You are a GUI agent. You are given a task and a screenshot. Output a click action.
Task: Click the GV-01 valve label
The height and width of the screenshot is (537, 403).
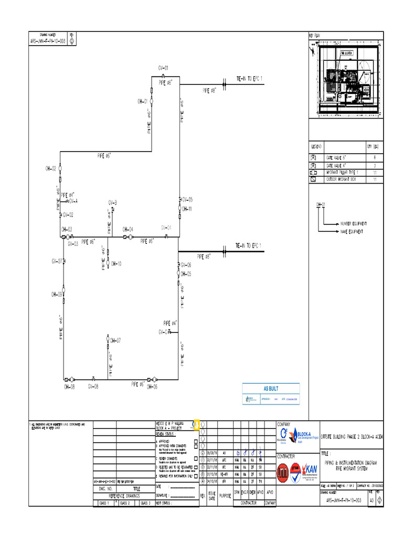coord(163,68)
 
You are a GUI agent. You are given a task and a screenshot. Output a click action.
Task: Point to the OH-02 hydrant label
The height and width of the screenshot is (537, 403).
coord(50,168)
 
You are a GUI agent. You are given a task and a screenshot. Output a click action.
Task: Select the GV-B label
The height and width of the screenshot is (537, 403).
coord(113,202)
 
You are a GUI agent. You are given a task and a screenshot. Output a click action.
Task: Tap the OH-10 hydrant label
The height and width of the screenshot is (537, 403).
coord(116,263)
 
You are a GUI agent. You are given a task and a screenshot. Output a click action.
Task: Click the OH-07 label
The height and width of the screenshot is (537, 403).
coord(115,341)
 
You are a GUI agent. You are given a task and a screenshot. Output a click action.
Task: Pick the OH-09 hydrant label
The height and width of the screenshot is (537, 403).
coord(57,295)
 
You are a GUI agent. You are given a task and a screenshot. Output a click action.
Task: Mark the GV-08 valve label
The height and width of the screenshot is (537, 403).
coord(93,386)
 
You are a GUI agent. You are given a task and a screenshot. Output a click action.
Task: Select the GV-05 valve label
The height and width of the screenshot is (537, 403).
coord(187,200)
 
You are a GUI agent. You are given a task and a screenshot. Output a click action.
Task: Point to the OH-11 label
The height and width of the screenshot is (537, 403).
coord(187,209)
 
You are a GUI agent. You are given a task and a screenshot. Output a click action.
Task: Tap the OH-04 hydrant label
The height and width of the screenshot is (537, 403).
coord(128,229)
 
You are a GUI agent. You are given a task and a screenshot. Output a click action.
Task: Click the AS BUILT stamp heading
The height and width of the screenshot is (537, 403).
coord(271,389)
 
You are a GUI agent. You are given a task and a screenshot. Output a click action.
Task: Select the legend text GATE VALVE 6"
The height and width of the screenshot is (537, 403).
coord(336,157)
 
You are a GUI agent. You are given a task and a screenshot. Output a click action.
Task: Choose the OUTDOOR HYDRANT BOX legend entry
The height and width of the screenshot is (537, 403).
coord(342,180)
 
